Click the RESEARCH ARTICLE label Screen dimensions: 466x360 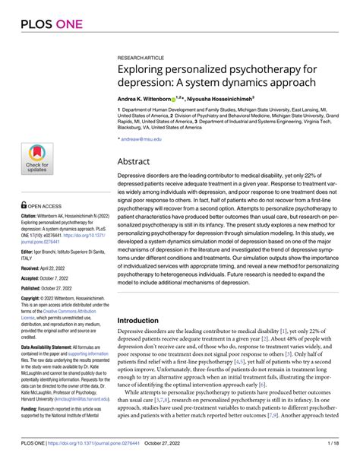pos(141,57)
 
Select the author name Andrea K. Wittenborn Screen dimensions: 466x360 pos(148,99)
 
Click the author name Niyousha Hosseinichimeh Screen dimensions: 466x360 pos(226,99)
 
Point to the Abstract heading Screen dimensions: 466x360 pos(137,162)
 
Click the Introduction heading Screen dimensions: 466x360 pos(144,321)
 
